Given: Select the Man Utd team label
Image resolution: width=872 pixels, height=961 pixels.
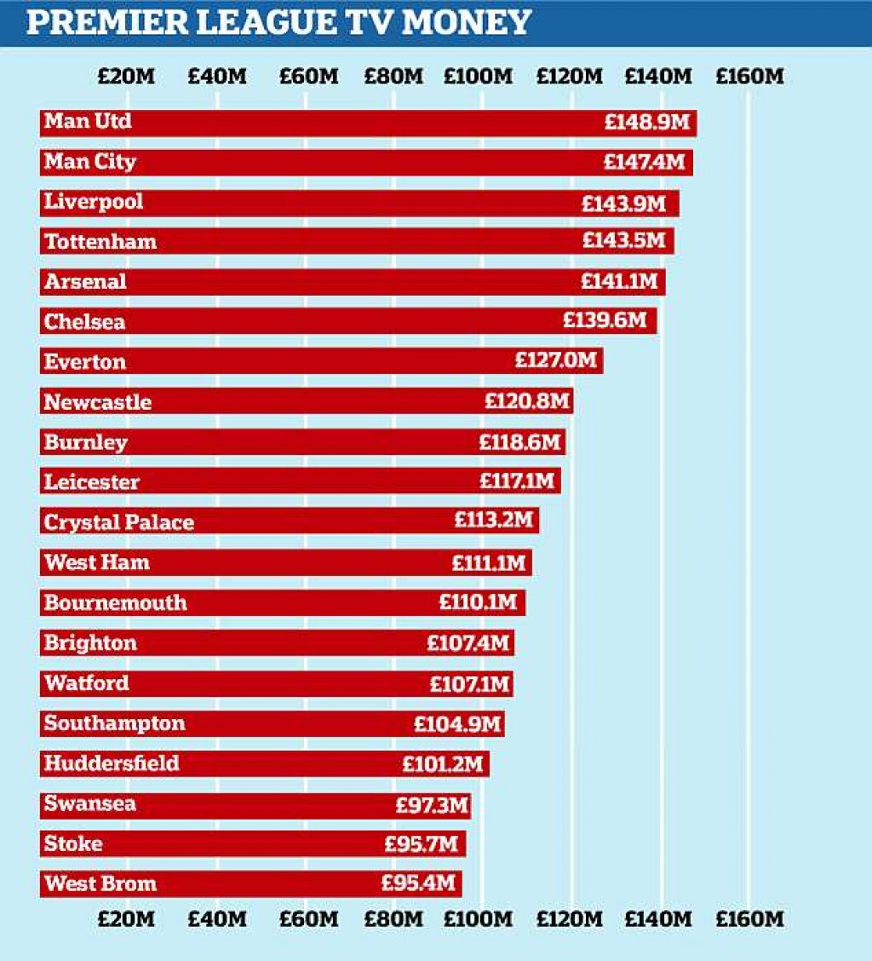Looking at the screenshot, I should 88,122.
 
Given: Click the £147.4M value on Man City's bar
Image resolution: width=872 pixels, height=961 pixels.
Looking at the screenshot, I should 645,162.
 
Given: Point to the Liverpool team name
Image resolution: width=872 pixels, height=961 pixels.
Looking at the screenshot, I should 94,202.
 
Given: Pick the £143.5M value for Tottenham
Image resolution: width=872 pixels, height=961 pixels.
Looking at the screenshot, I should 623,241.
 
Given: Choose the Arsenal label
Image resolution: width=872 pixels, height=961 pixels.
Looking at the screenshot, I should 85,282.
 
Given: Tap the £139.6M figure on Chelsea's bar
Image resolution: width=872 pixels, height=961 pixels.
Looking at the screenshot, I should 605,321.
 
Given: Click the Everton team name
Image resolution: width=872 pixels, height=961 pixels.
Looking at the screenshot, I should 85,362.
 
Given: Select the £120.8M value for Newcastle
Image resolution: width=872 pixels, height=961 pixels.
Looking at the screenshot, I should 526,401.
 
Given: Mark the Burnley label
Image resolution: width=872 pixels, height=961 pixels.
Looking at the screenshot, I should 86,442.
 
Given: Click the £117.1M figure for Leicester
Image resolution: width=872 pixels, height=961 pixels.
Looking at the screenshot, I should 517,481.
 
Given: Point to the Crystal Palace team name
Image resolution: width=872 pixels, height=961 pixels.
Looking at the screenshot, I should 119,522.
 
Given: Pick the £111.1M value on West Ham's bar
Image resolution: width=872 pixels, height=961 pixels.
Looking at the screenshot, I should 489,562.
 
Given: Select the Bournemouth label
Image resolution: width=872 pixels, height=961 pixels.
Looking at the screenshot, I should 116,603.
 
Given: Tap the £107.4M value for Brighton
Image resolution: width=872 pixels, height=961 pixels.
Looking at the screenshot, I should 468,642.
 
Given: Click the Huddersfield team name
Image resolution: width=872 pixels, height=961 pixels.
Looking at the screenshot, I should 112,763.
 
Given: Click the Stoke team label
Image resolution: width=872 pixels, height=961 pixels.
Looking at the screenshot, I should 73,844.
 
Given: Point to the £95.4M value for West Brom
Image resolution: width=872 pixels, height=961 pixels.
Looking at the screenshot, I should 418,883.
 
